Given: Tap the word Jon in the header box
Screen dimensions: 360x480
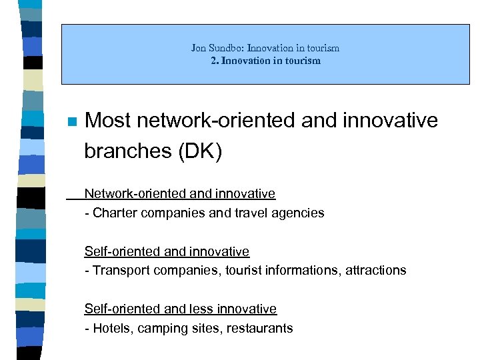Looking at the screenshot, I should [198, 48].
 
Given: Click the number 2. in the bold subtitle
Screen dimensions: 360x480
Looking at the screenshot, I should [213, 61].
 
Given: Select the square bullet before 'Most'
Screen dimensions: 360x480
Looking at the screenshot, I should [72, 122].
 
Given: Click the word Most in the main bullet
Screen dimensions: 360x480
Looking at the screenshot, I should [109, 121].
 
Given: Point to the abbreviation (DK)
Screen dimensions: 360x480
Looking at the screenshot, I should [199, 151].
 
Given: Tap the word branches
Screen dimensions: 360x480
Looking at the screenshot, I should [127, 151].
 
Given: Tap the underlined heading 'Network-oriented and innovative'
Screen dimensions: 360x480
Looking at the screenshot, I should [179, 194].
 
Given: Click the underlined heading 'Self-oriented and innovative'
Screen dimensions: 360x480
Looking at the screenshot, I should [167, 251].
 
